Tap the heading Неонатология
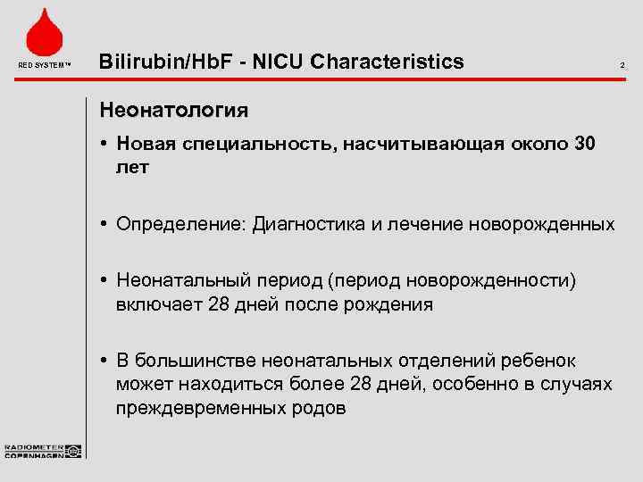coord(174,112)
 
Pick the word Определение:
coord(181,224)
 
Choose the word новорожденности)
coord(492,282)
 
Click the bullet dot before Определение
coord(105,224)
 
